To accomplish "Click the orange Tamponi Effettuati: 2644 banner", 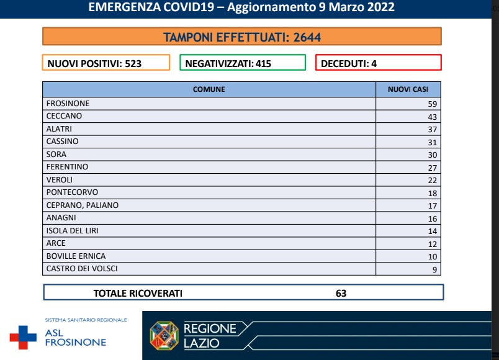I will (242, 37).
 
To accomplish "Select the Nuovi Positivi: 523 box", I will (106, 63).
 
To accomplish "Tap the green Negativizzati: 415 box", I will (243, 63).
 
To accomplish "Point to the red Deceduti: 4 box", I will (378, 63).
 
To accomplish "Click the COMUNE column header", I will (209, 89).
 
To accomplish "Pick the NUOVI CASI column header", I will (408, 89).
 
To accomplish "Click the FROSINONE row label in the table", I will (68, 104).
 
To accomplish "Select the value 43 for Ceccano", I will (432, 117).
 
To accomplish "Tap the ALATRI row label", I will (59, 129).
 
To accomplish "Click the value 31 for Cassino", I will (432, 142).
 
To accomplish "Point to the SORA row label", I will (56, 155).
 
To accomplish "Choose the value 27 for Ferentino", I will (432, 168).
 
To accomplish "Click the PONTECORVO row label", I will (72, 192).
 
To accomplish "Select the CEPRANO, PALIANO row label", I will (83, 205).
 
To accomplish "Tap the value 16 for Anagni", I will (432, 218).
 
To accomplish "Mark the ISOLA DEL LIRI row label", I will (73, 231).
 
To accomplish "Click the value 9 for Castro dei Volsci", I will (434, 269).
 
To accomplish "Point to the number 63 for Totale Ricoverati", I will (341, 293).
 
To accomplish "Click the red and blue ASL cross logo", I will (23, 337).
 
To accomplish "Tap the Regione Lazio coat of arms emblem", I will (164, 336).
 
